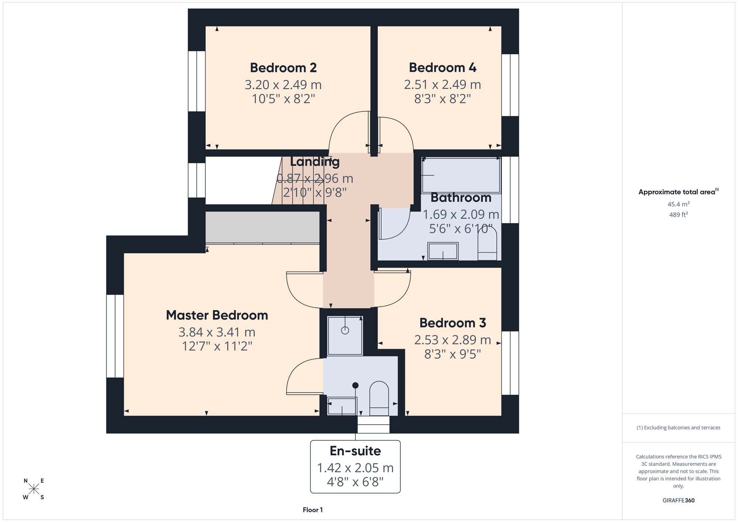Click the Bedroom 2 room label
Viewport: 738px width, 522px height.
click(283, 68)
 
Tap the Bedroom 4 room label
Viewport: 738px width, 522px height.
click(442, 68)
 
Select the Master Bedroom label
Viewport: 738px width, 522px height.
click(217, 315)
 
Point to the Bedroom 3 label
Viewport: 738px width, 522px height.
click(453, 323)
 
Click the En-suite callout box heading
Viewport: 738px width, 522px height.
click(355, 451)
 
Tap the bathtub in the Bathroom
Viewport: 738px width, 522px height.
click(461, 176)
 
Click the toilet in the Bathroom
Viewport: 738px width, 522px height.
click(487, 243)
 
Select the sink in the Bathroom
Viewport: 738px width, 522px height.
click(443, 251)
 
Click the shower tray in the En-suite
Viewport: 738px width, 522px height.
click(345, 336)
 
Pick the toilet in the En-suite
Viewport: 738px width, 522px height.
click(379, 398)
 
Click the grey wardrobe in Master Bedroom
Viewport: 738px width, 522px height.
click(262, 227)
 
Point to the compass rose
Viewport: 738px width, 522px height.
click(34, 489)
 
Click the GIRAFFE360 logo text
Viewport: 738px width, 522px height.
click(678, 501)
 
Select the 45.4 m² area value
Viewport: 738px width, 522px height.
click(679, 204)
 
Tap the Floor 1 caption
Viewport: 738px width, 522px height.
click(313, 510)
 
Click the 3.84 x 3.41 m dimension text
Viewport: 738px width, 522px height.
click(217, 332)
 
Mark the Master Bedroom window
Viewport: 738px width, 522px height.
click(115, 336)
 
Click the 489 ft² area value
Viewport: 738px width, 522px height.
click(679, 214)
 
